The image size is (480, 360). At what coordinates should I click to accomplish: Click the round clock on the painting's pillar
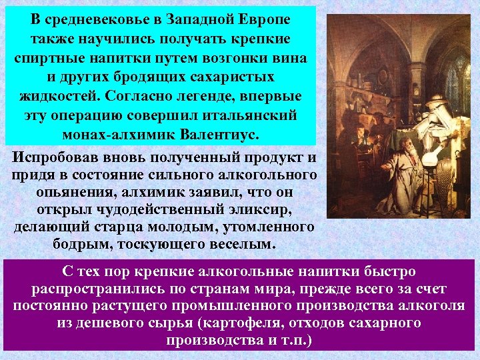pyautogui.click(x=413, y=78)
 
